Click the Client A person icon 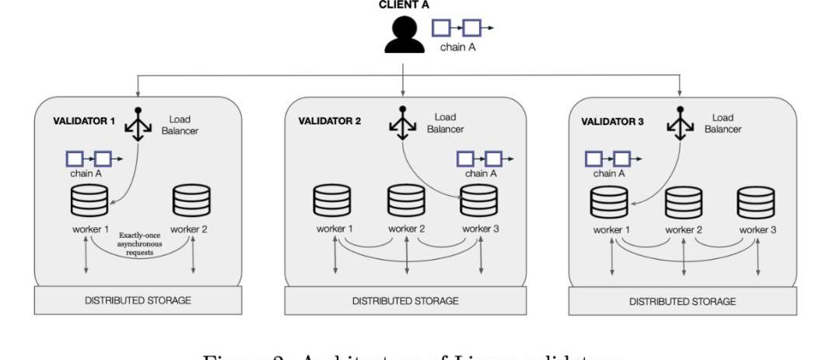404,36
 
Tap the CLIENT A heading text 404,5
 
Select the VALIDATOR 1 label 84,121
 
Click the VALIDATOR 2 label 330,121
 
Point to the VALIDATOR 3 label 612,121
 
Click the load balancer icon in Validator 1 138,124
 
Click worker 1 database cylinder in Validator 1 89,201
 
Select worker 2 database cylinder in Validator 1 191,201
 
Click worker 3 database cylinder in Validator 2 479,201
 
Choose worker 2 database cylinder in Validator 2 406,201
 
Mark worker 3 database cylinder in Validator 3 756,201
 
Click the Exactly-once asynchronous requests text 140,243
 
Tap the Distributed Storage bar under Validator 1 138,300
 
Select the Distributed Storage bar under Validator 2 405,300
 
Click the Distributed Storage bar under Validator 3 682,301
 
